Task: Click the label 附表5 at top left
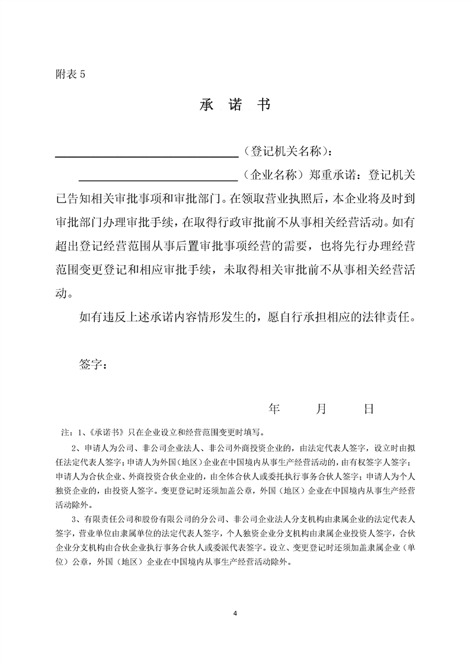tap(70, 75)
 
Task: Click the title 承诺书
tap(235, 106)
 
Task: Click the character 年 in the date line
tap(274, 408)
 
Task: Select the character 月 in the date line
tap(321, 408)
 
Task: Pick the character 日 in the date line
tap(368, 408)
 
